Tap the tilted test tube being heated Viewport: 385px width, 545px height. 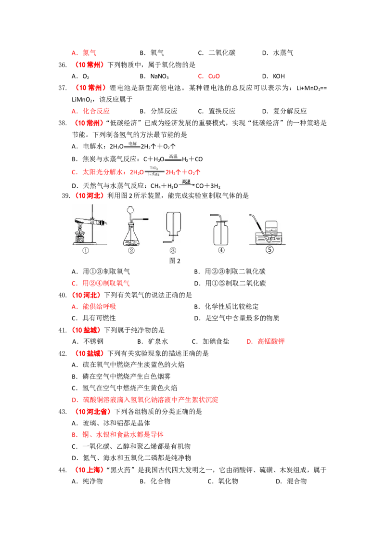[89, 222]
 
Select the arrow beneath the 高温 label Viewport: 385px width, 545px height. [186, 185]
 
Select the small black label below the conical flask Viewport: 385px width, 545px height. [130, 249]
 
